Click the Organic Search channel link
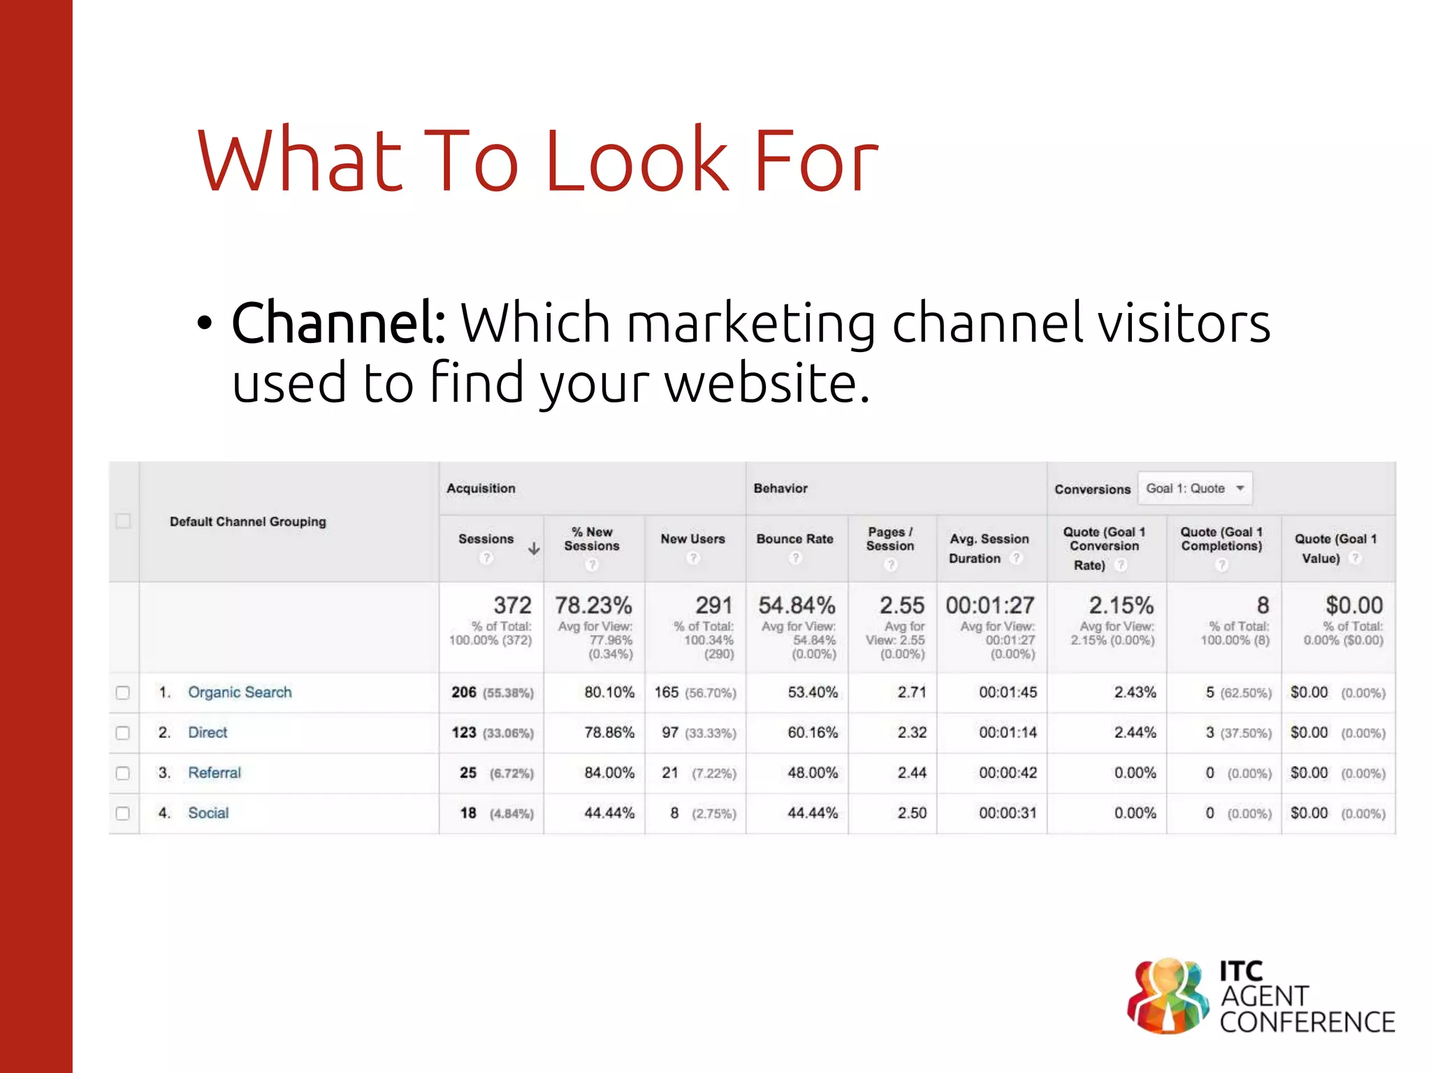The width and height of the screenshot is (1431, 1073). click(x=240, y=692)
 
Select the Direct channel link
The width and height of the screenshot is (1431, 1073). click(x=208, y=733)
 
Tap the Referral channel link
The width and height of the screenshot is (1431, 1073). click(x=214, y=773)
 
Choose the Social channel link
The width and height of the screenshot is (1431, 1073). click(x=208, y=813)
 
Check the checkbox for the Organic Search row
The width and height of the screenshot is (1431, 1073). click(x=122, y=693)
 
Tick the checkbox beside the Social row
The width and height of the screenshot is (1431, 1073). click(x=122, y=814)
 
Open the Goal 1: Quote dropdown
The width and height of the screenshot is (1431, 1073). click(x=1195, y=488)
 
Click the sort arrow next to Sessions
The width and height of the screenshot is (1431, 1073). click(x=534, y=549)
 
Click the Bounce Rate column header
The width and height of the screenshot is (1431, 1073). click(x=794, y=539)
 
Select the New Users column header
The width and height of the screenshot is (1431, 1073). click(x=692, y=539)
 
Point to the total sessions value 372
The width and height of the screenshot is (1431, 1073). click(x=512, y=605)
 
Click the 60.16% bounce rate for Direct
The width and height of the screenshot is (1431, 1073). click(x=812, y=733)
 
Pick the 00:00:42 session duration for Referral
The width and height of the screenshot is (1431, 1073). click(x=1008, y=773)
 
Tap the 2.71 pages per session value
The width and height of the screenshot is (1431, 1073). click(x=912, y=692)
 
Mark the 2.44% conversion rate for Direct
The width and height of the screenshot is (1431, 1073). click(x=1135, y=733)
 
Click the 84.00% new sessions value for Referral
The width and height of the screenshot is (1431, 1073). click(x=609, y=773)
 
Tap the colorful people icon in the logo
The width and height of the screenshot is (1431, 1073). click(x=1168, y=996)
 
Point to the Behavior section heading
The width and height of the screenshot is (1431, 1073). click(x=780, y=488)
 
